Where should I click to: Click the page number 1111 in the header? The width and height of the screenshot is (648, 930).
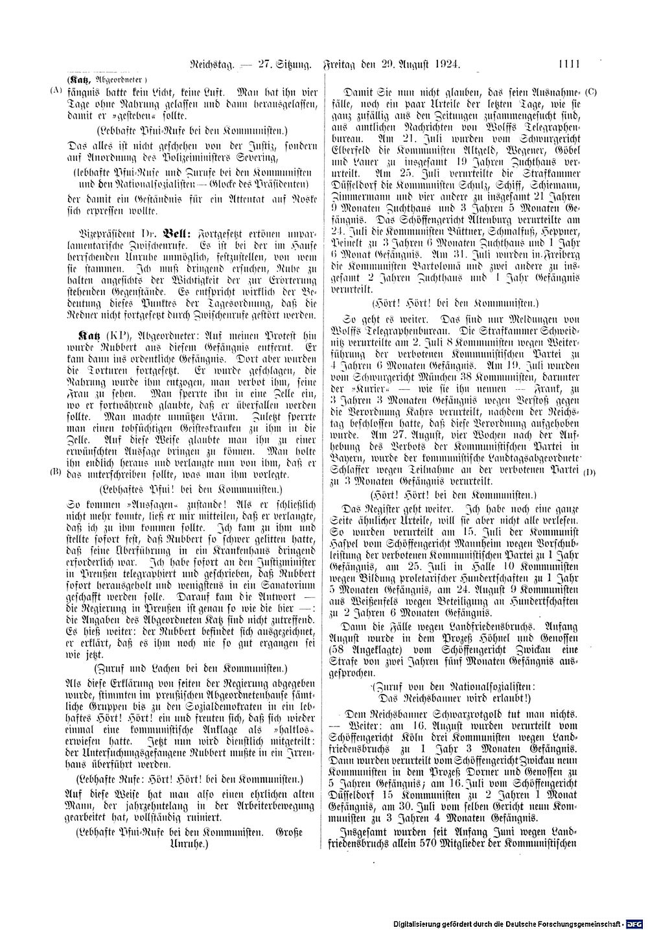(566, 64)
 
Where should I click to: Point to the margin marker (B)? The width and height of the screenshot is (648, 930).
(55, 472)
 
